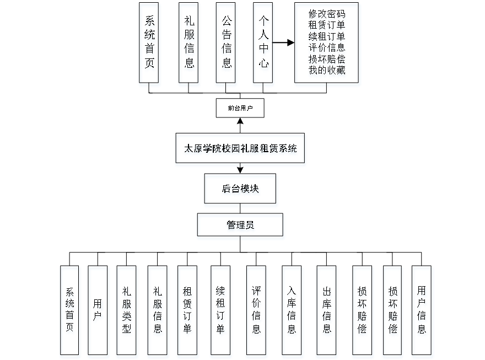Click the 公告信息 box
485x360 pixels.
pyautogui.click(x=227, y=45)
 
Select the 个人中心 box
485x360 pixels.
pyautogui.click(x=263, y=45)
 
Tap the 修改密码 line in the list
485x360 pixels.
pyautogui.click(x=327, y=14)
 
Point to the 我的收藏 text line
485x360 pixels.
pyautogui.click(x=327, y=71)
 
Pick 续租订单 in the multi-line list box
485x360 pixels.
pyautogui.click(x=327, y=37)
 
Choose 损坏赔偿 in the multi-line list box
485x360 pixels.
pyautogui.click(x=327, y=60)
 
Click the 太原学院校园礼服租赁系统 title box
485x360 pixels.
pyautogui.click(x=240, y=150)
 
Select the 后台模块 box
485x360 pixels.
pyautogui.click(x=241, y=191)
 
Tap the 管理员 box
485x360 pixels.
pyautogui.click(x=241, y=227)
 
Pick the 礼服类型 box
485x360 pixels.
pyautogui.click(x=127, y=311)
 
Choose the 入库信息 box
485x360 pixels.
pyautogui.click(x=292, y=311)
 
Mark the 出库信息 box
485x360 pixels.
pyautogui.click(x=327, y=311)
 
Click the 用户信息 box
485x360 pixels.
pyautogui.click(x=422, y=311)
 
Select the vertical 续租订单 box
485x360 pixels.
pyautogui.click(x=221, y=311)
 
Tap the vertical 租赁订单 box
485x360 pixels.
pyautogui.click(x=187, y=311)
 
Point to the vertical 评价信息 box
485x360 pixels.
pyautogui.click(x=256, y=311)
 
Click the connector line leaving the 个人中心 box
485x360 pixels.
pyautogui.click(x=284, y=42)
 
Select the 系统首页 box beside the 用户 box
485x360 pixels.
pyautogui.click(x=70, y=311)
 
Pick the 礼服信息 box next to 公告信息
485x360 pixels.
pyautogui.click(x=189, y=45)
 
